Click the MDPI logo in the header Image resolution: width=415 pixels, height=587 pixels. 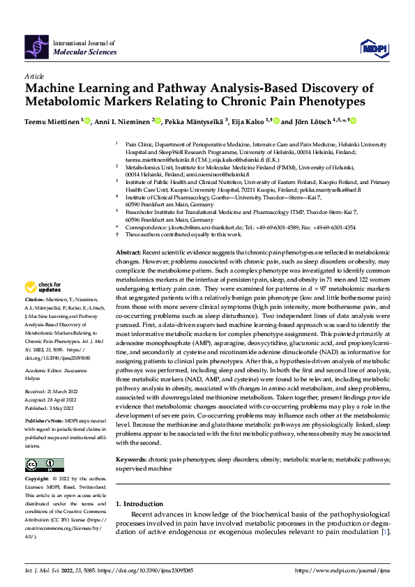pos(372,47)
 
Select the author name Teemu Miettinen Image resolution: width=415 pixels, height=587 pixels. pos(53,121)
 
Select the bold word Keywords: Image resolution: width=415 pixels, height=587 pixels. pos(131,460)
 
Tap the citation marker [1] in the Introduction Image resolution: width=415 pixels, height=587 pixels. pos(384,533)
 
